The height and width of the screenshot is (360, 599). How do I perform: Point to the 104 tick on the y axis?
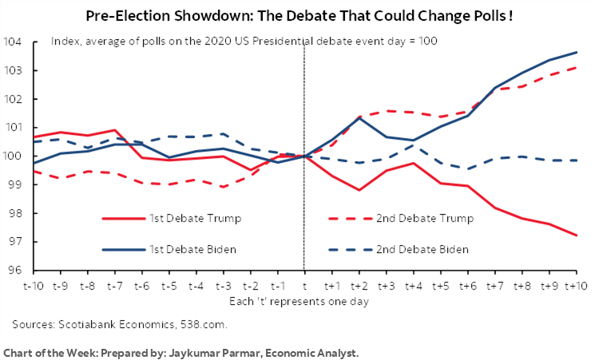click(13, 42)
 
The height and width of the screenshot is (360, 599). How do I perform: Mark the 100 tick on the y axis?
click(13, 156)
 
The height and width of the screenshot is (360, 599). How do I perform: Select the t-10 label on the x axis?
click(34, 285)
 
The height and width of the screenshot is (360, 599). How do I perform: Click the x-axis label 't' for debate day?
click(304, 285)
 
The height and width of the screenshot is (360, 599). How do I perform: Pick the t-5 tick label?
click(169, 285)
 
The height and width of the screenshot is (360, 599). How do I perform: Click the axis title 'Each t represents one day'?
click(304, 301)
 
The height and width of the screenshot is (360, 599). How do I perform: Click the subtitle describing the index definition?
click(244, 42)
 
